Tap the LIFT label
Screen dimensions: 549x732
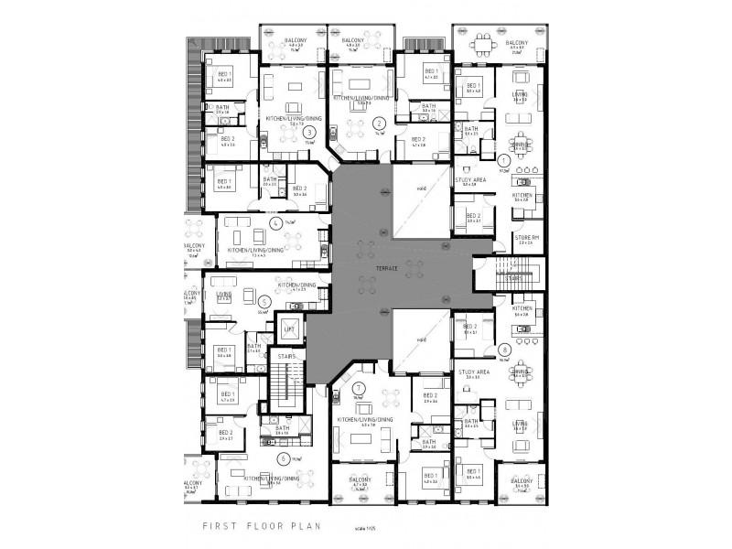pyautogui.click(x=289, y=328)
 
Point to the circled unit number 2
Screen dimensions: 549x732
pyautogui.click(x=378, y=123)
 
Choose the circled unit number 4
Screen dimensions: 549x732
pyautogui.click(x=275, y=222)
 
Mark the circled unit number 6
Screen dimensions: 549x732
pyautogui.click(x=285, y=457)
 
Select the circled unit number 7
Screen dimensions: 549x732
pyautogui.click(x=359, y=389)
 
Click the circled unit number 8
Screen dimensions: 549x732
pyautogui.click(x=505, y=349)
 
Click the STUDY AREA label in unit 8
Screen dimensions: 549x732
pyautogui.click(x=471, y=373)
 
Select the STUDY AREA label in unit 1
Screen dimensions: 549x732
pyautogui.click(x=470, y=180)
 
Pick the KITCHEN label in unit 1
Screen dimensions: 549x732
pyautogui.click(x=522, y=196)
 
